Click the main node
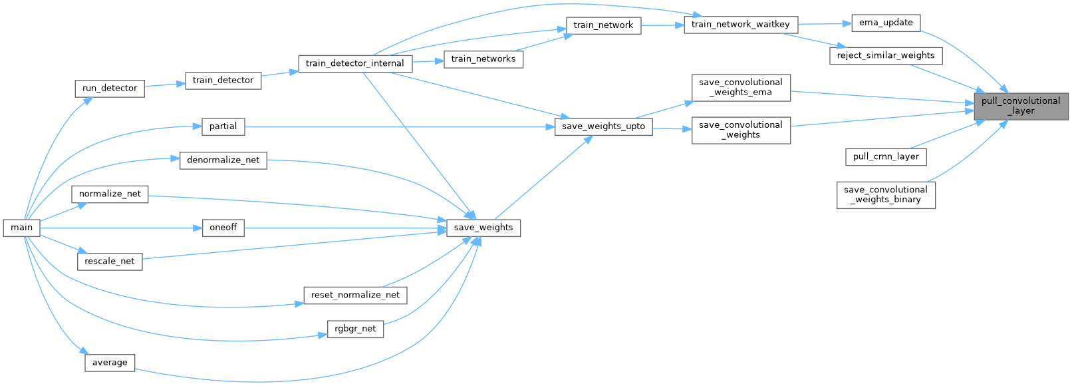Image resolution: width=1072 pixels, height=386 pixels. (x=21, y=228)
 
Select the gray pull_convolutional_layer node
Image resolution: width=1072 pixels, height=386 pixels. (x=1020, y=106)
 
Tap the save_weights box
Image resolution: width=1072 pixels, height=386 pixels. (x=483, y=228)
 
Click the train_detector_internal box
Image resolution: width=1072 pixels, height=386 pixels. (x=354, y=63)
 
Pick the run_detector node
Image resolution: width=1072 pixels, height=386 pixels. (x=110, y=88)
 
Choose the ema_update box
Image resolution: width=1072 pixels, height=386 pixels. (x=886, y=23)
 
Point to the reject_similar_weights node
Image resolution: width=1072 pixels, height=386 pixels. (x=886, y=55)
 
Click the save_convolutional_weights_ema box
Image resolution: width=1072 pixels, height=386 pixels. (x=741, y=87)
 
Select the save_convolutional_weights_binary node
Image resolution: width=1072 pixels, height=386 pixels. (x=886, y=194)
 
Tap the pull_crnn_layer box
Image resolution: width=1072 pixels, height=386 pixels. (x=886, y=157)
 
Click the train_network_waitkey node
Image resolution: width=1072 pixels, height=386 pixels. (x=740, y=25)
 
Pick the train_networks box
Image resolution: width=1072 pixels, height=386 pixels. (x=483, y=59)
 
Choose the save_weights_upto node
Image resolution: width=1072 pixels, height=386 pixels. (x=603, y=126)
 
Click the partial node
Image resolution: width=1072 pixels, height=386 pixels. (x=223, y=126)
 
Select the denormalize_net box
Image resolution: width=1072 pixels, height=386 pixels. (x=223, y=160)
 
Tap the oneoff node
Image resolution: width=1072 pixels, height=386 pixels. (x=223, y=228)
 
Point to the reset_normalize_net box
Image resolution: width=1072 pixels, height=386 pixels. (x=355, y=295)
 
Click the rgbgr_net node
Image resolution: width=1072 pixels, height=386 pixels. (x=355, y=329)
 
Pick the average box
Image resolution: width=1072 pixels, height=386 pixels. (x=110, y=363)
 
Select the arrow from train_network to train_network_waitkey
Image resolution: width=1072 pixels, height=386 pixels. (x=662, y=25)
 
